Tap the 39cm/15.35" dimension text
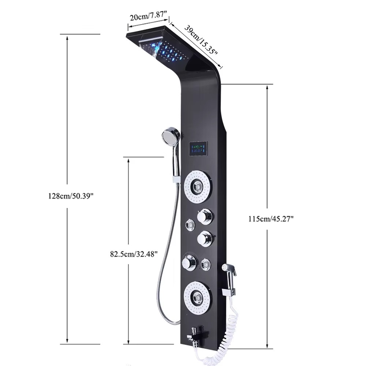click(x=200, y=40)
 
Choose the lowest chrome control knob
click(x=190, y=262)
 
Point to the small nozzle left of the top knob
click(x=190, y=224)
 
